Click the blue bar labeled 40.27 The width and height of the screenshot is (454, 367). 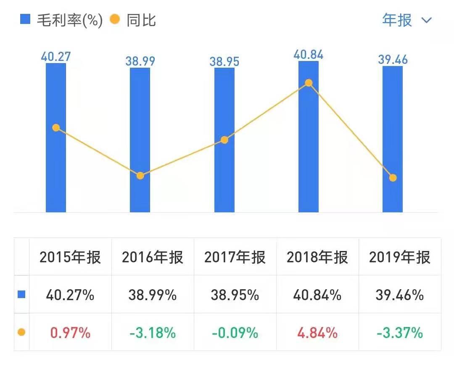[x=56, y=168]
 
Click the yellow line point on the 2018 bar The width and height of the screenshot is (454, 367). [x=309, y=83]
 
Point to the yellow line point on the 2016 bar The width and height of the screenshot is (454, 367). [x=140, y=176]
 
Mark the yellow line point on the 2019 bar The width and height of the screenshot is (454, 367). [x=393, y=178]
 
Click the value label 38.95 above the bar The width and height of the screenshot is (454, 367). [x=224, y=62]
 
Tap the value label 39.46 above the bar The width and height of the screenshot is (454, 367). [x=393, y=60]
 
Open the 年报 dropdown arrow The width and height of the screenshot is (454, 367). [x=427, y=21]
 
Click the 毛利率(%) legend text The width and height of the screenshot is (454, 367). [x=70, y=20]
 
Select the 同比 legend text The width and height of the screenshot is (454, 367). [x=141, y=20]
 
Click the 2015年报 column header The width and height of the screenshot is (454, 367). [x=70, y=257]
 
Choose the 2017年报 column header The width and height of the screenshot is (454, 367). [x=235, y=257]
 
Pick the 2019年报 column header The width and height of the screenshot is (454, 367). [x=400, y=257]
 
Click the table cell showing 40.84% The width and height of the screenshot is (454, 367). [x=317, y=295]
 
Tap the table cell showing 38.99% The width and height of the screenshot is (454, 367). [x=153, y=295]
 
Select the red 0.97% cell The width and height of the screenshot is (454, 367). [x=70, y=333]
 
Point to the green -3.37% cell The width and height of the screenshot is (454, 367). [x=400, y=333]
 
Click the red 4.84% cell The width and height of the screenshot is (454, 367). [x=317, y=333]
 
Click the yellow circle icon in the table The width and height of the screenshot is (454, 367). [x=21, y=333]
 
